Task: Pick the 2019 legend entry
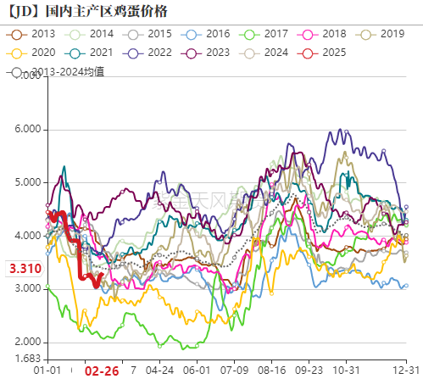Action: tap(381, 34)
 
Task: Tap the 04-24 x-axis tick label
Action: tap(160, 371)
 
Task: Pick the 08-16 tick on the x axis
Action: tap(272, 371)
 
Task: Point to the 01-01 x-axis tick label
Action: tap(47, 371)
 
